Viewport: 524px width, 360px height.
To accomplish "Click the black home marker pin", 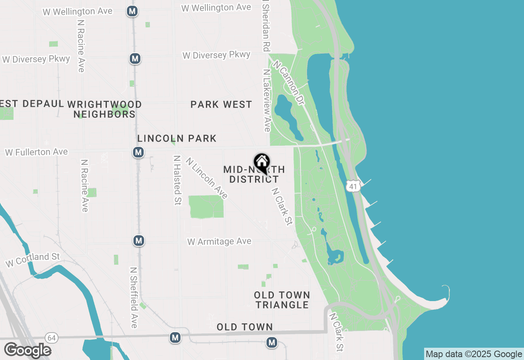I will (x=262, y=163).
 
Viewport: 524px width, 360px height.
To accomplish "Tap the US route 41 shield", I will (x=353, y=186).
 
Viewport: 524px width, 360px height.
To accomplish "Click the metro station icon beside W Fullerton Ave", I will (x=138, y=153).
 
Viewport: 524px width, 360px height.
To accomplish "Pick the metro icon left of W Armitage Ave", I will (x=139, y=241).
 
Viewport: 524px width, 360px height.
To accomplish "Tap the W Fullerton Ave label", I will (x=36, y=152).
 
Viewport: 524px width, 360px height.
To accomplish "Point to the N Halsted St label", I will (x=177, y=180).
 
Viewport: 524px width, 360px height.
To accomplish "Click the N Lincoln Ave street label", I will (x=207, y=178).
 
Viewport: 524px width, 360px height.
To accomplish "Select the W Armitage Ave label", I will (x=219, y=242).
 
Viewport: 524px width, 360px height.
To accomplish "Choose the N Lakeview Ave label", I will (x=267, y=100).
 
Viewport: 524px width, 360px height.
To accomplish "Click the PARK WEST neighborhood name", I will (x=221, y=105).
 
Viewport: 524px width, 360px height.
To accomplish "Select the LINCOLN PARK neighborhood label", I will (x=177, y=139).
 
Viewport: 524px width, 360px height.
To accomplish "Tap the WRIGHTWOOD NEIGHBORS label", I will (x=104, y=109).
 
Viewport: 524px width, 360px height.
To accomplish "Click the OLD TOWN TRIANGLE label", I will (x=282, y=300).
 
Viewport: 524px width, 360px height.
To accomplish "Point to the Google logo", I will (x=27, y=350).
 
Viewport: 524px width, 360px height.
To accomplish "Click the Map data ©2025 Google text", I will (x=474, y=354).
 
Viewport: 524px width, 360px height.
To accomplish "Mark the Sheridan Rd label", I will (x=266, y=26).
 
